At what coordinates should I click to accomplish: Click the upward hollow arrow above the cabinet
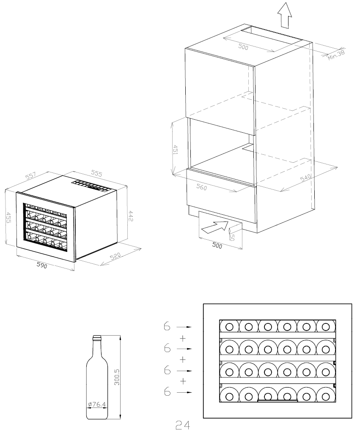[284, 15]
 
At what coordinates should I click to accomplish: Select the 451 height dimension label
[175, 150]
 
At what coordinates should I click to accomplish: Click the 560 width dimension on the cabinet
[201, 187]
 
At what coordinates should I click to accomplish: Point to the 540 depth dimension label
[306, 178]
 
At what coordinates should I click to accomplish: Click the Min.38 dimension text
[336, 55]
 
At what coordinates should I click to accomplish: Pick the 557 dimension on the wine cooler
[30, 176]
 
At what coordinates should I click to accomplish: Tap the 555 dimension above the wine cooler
[97, 173]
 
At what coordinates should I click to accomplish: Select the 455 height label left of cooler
[8, 217]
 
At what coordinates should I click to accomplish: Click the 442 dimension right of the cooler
[131, 216]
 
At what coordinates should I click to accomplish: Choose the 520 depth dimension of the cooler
[115, 256]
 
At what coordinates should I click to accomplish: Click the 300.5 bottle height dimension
[117, 377]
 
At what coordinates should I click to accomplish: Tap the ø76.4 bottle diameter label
[97, 404]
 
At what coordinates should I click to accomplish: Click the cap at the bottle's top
[97, 337]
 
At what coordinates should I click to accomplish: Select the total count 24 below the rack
[183, 425]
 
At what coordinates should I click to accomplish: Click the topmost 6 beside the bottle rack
[167, 326]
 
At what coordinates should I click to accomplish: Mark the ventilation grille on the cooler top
[90, 186]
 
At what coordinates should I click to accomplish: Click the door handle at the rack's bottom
[278, 400]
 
